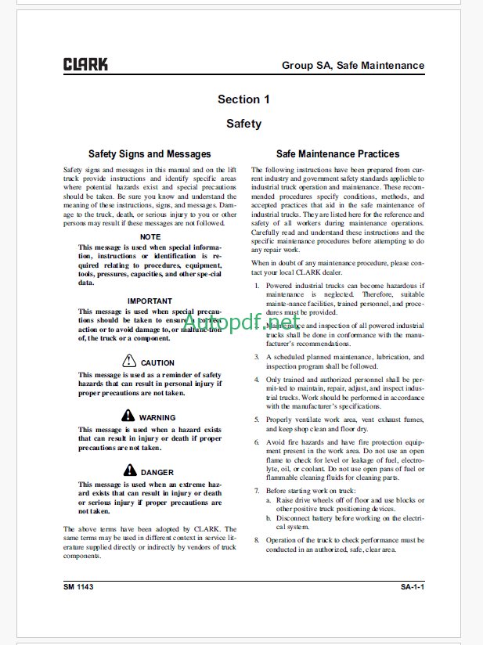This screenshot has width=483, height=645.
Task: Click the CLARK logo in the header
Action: tap(86, 65)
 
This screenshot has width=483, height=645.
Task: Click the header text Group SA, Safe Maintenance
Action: tap(353, 66)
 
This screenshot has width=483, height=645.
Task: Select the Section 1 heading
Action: tap(243, 99)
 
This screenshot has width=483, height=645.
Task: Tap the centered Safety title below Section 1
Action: tap(243, 124)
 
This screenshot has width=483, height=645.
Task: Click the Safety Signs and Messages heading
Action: tap(150, 154)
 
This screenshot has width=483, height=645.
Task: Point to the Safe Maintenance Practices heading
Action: tap(337, 154)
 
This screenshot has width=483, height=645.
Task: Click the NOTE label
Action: tap(150, 236)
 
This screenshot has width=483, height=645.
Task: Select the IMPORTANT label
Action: tap(150, 301)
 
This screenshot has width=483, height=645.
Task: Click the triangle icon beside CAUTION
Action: tap(130, 362)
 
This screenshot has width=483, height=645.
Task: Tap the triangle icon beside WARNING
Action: tap(128, 416)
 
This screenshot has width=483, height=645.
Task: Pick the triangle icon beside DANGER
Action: tap(130, 470)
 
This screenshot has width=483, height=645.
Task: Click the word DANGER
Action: tap(157, 472)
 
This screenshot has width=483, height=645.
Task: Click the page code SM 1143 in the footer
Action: tap(79, 586)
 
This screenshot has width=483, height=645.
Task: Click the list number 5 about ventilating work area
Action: tap(257, 420)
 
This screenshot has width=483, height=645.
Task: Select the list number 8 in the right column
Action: tap(257, 540)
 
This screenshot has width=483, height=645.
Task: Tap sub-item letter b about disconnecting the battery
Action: tap(269, 517)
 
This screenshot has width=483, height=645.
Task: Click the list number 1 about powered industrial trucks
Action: tap(257, 286)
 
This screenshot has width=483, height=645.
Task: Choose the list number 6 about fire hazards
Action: tap(257, 442)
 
